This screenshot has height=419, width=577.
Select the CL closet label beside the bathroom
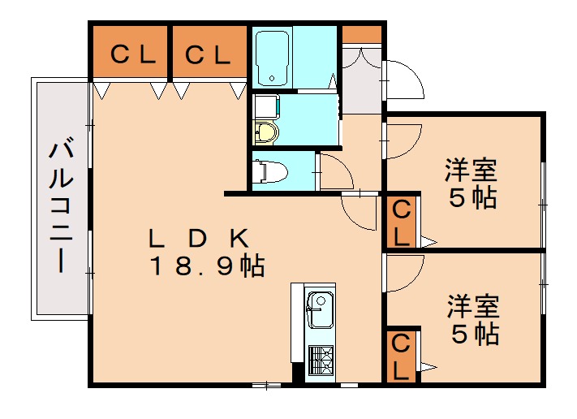(208, 54)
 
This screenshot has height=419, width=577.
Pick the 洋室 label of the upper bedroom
(471, 171)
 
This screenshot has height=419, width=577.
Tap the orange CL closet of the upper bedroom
(401, 222)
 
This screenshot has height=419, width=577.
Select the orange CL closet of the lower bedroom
(402, 355)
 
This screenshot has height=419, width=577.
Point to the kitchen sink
(319, 309)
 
